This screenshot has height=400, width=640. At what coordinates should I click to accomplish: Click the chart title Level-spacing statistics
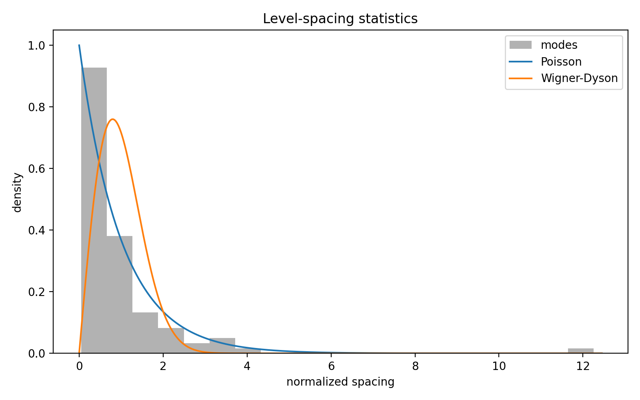click(340, 19)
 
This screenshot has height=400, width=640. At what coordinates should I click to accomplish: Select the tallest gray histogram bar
click(94, 208)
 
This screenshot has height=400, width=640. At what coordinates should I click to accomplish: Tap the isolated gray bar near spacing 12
click(580, 351)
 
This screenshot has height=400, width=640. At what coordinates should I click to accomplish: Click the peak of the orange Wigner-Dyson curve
click(113, 119)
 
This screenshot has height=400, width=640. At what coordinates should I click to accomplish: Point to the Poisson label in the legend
click(561, 62)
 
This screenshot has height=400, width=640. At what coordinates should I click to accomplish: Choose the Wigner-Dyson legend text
click(579, 78)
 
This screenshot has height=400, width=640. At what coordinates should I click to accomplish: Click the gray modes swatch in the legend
click(520, 45)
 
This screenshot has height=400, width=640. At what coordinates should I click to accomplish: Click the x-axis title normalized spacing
click(340, 382)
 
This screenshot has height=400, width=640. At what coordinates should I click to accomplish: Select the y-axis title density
click(17, 192)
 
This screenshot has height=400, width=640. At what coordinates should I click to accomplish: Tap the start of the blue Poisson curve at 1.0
click(79, 45)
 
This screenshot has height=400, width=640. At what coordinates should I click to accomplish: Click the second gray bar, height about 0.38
click(120, 294)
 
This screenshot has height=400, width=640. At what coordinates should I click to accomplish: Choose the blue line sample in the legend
click(520, 62)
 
